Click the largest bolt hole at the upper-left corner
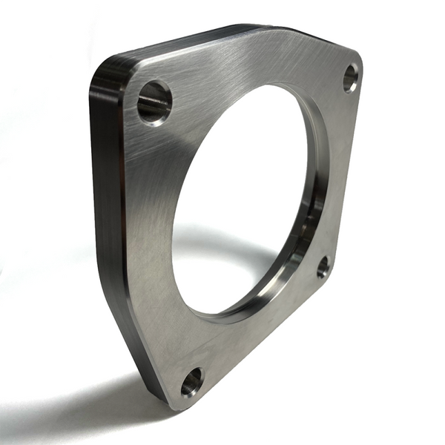pyautogui.click(x=154, y=102)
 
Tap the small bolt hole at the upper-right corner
pyautogui.click(x=350, y=78)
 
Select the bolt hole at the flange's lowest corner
pyautogui.click(x=191, y=382)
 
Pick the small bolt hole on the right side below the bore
pyautogui.click(x=323, y=267)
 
